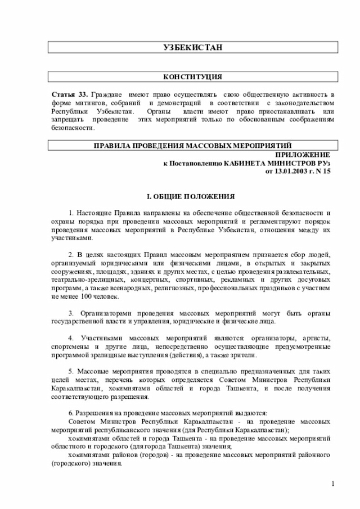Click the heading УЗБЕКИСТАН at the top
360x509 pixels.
click(x=192, y=47)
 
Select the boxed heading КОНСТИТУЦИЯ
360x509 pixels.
click(x=192, y=76)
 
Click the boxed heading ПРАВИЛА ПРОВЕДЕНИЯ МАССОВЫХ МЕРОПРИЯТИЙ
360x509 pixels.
click(x=192, y=146)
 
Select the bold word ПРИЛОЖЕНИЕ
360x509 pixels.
click(x=303, y=154)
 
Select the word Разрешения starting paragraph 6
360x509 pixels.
click(x=94, y=413)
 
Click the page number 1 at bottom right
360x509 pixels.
click(x=332, y=484)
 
